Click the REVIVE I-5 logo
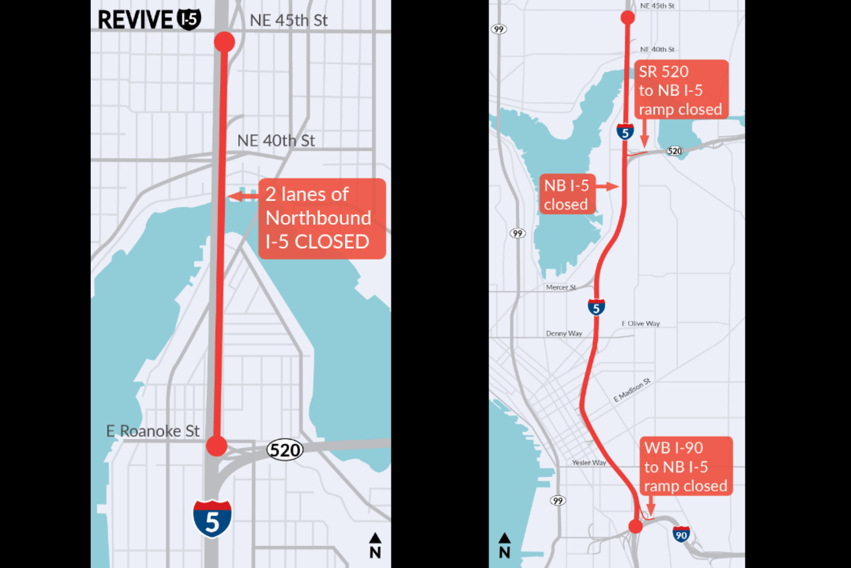(149, 20)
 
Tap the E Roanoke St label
(153, 431)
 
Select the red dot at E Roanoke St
(217, 446)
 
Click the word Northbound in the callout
(318, 218)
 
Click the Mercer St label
(561, 287)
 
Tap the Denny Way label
(564, 333)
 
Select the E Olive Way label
(641, 324)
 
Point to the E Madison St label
(632, 390)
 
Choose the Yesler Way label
(589, 463)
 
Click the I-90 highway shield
(681, 534)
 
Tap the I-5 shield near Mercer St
(596, 307)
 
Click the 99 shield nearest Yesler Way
(558, 500)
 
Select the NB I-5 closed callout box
(566, 194)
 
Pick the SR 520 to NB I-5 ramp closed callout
(680, 90)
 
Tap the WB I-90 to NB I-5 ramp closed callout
(685, 466)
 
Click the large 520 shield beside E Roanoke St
(285, 450)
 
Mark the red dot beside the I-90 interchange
(635, 526)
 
